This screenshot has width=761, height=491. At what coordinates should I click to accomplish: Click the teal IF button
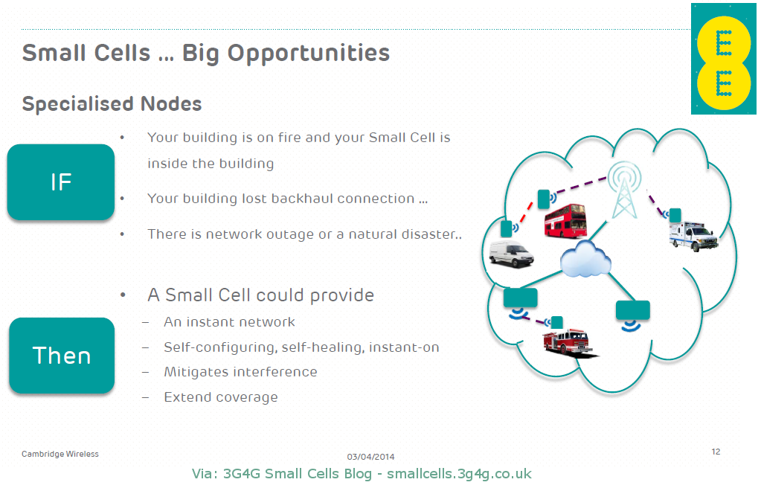tap(61, 182)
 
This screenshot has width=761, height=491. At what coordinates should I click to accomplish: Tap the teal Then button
tap(62, 356)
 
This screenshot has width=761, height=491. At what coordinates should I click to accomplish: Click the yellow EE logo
tap(723, 59)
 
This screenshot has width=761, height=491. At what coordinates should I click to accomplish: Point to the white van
tap(512, 254)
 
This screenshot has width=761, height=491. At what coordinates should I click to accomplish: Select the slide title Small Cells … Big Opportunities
tap(206, 53)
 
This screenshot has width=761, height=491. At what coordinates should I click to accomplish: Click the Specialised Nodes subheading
tap(112, 103)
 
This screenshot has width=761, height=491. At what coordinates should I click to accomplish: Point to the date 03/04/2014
tap(370, 456)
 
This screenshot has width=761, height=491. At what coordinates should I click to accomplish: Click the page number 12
tap(716, 452)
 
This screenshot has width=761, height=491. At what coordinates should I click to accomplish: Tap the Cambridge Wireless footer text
tap(60, 454)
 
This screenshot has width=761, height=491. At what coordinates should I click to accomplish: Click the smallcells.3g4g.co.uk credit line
tap(362, 474)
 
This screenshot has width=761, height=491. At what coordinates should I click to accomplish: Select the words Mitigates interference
tap(240, 372)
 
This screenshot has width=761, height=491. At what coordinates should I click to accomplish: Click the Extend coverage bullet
tap(221, 397)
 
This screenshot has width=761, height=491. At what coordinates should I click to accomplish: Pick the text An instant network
tap(229, 322)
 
